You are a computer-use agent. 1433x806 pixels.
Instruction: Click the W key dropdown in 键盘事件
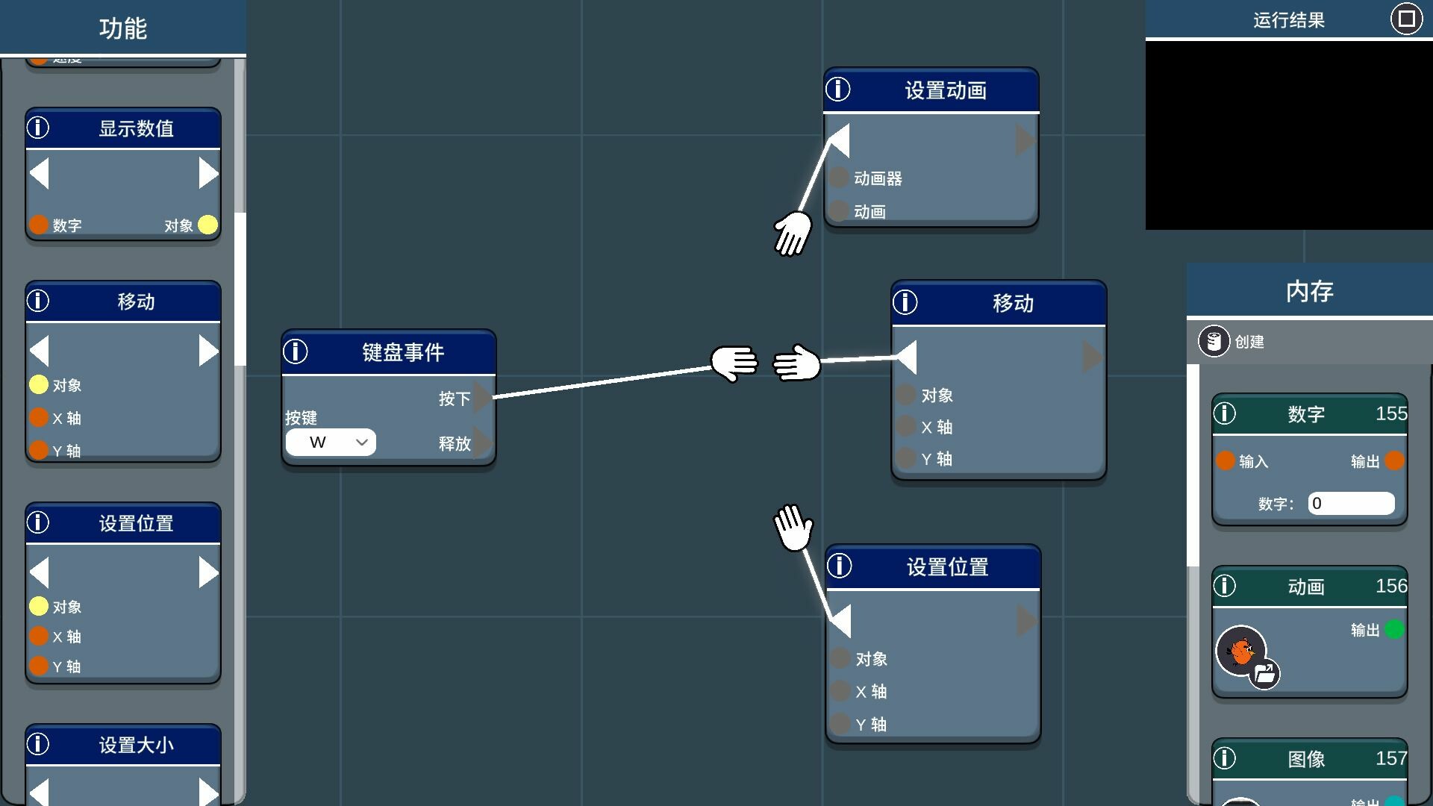pos(331,443)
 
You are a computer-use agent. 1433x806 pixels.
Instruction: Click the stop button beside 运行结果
pos(1406,19)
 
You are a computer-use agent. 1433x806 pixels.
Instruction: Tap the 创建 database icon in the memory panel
pos(1214,342)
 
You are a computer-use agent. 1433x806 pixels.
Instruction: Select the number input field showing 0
pos(1351,503)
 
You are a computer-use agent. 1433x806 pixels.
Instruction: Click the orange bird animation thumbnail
pos(1240,651)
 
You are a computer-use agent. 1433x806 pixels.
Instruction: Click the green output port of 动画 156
pos(1393,630)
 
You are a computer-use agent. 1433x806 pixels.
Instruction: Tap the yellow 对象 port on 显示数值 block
pos(208,225)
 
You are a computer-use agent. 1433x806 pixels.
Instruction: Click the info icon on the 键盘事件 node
pos(296,352)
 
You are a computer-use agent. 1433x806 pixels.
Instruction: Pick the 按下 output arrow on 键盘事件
pos(483,397)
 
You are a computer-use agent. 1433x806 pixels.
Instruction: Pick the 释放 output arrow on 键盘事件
pos(483,443)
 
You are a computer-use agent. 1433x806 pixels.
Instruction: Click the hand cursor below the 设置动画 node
pos(793,233)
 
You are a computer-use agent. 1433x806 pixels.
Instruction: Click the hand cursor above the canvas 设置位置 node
pos(793,527)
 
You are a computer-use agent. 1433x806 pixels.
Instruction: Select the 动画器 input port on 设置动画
pos(839,178)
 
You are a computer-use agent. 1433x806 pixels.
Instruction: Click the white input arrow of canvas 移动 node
pos(906,357)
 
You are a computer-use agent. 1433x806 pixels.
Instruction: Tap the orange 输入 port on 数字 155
pos(1225,460)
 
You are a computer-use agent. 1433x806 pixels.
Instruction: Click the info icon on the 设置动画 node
pos(838,90)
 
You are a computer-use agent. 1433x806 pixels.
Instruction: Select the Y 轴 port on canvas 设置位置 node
pos(840,723)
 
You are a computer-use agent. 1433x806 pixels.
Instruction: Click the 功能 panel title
pos(123,28)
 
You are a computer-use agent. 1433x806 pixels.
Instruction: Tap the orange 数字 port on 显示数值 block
pos(39,225)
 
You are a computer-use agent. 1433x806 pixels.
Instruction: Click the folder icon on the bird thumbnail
pos(1264,674)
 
